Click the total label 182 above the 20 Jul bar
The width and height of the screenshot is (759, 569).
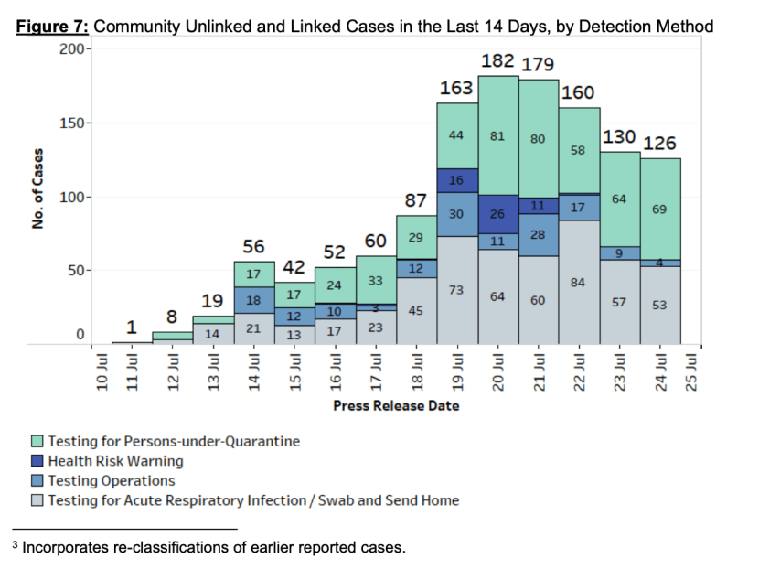(498, 61)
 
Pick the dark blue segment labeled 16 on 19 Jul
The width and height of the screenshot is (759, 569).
(457, 180)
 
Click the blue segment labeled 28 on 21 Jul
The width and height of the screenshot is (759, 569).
(539, 235)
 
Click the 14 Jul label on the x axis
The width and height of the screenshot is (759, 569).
(253, 370)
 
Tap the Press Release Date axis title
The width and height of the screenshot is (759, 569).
(396, 405)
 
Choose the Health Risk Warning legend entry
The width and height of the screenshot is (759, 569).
(115, 461)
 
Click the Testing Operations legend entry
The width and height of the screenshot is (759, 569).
(111, 480)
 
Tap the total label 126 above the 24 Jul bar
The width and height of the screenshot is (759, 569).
(659, 144)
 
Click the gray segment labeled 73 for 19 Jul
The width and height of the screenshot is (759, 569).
(457, 289)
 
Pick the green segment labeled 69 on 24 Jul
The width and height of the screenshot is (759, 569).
(659, 209)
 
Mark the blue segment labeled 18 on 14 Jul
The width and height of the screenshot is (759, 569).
(253, 300)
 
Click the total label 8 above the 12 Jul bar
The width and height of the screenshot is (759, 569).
(172, 317)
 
